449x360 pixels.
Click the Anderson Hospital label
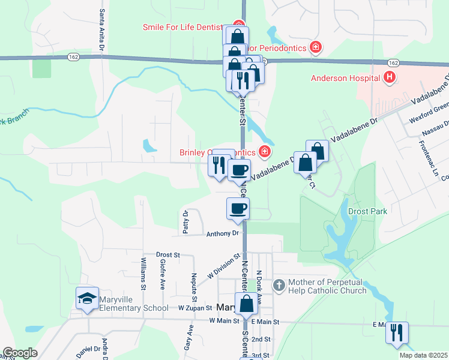pyautogui.click(x=345, y=78)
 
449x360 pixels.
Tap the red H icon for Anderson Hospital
pyautogui.click(x=390, y=77)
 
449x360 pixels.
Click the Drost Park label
pyautogui.click(x=367, y=211)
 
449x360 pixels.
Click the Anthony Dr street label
pyautogui.click(x=223, y=233)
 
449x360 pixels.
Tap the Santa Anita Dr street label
pyautogui.click(x=103, y=29)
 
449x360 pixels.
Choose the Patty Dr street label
pyautogui.click(x=186, y=222)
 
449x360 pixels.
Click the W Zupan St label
pyautogui.click(x=195, y=307)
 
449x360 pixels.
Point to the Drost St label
pyautogui.click(x=168, y=255)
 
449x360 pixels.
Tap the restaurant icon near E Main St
pyautogui.click(x=396, y=332)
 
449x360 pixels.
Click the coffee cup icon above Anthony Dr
pyautogui.click(x=238, y=208)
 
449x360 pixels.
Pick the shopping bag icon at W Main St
pyautogui.click(x=246, y=304)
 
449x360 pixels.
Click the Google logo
pyautogui.click(x=20, y=353)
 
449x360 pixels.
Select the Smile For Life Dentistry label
pyautogui.click(x=182, y=27)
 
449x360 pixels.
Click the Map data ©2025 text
pyautogui.click(x=423, y=355)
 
